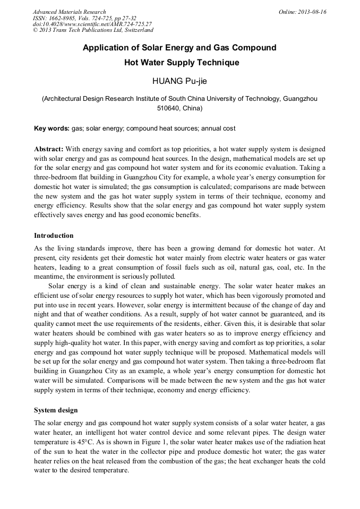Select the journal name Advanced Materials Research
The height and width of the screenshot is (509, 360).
click(x=69, y=12)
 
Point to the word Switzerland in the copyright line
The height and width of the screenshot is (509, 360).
click(x=136, y=31)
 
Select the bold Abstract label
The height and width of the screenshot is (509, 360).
click(x=49, y=149)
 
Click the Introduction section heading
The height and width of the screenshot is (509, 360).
click(x=54, y=235)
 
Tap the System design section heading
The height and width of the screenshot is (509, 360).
click(x=56, y=410)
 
